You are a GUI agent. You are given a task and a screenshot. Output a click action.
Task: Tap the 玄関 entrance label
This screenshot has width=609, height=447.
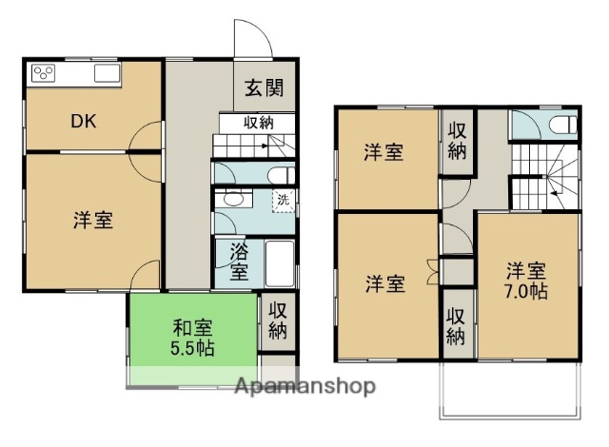tap(264, 88)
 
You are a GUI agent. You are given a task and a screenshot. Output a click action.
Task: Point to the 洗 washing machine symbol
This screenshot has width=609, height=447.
tap(283, 200)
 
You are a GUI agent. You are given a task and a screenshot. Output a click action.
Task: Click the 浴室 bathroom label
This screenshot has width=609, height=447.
tap(241, 262)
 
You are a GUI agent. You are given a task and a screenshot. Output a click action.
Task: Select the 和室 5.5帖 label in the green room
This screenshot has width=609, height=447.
tap(192, 339)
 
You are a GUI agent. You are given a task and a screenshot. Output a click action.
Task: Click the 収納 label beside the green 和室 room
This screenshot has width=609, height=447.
tap(277, 321)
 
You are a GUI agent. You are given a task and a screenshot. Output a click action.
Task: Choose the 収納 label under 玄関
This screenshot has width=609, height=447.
tap(258, 122)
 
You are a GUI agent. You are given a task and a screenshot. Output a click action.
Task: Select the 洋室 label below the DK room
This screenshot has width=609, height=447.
tap(93, 221)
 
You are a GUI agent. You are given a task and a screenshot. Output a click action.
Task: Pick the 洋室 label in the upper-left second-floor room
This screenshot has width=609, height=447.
tap(385, 153)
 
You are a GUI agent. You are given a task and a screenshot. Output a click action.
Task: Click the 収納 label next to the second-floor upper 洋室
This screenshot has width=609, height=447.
tap(458, 141)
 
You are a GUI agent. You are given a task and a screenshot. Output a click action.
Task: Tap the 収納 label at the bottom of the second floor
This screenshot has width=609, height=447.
tap(457, 325)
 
